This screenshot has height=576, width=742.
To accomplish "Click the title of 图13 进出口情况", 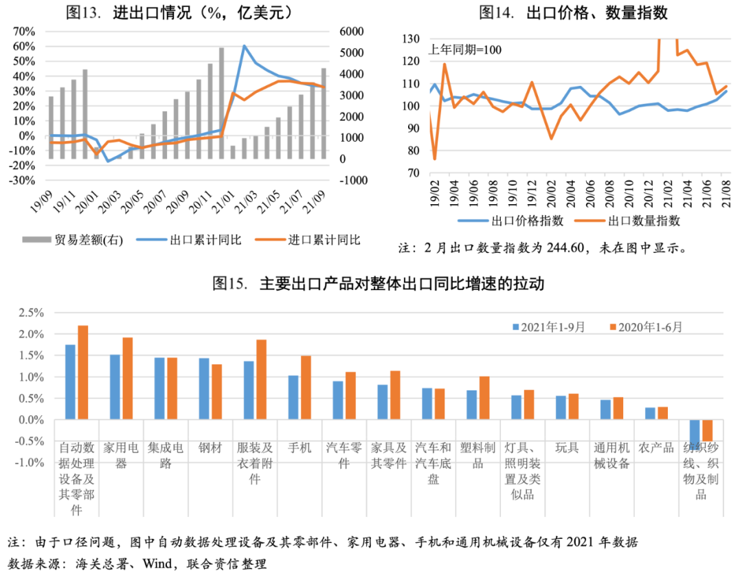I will (x=178, y=12).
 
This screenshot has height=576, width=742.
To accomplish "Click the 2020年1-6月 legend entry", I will (x=646, y=327).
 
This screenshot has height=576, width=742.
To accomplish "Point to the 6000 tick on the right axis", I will (x=350, y=32).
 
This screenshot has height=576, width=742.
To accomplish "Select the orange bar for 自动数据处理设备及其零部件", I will (x=83, y=373).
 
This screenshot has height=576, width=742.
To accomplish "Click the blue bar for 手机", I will (x=293, y=397).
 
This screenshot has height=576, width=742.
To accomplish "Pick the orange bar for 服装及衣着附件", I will (x=261, y=379).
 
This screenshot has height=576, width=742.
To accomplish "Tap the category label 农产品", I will (x=655, y=448).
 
